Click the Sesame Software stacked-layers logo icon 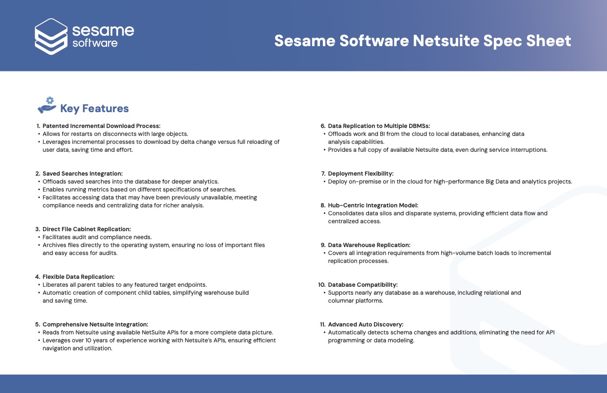click(x=51, y=36)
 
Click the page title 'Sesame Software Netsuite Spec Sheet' click(x=423, y=41)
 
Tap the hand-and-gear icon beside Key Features click(x=47, y=105)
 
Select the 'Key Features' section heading click(x=94, y=109)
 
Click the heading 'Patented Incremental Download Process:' click(x=101, y=126)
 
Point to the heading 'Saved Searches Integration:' click(x=82, y=174)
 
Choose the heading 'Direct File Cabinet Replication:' click(x=86, y=229)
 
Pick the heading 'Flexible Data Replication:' click(x=78, y=277)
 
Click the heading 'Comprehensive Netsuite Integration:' click(x=95, y=325)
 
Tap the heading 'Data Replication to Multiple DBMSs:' click(x=379, y=126)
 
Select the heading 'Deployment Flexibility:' click(x=361, y=174)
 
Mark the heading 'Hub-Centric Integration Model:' click(x=373, y=205)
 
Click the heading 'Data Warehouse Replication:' click(x=369, y=245)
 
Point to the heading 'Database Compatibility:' click(x=363, y=285)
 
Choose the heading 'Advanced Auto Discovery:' click(x=365, y=325)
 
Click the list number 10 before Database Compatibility click(x=322, y=285)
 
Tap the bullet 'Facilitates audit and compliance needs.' click(x=97, y=237)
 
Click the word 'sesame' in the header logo click(x=103, y=30)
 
